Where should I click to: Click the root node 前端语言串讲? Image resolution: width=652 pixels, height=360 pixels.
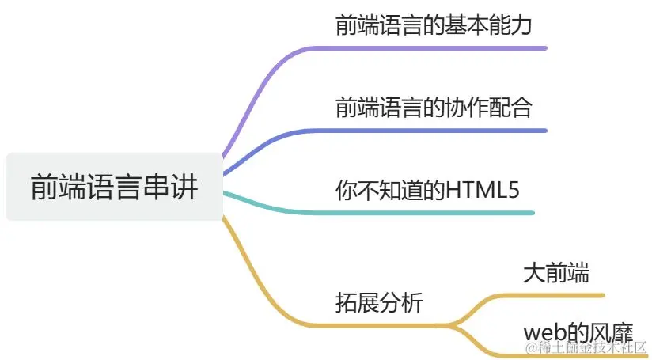pos(114,187)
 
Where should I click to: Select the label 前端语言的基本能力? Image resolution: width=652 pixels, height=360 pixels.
pos(432,25)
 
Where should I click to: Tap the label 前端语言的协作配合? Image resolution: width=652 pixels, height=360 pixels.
pos(432,107)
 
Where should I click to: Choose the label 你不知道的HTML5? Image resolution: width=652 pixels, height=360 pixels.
pos(427,190)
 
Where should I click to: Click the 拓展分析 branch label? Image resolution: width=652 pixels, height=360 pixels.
pos(379,302)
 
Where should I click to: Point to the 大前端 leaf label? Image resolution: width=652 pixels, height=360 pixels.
pos(555,274)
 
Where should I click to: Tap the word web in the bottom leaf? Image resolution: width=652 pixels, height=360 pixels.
pos(542,332)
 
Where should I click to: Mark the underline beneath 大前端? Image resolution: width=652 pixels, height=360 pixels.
pos(554,296)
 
